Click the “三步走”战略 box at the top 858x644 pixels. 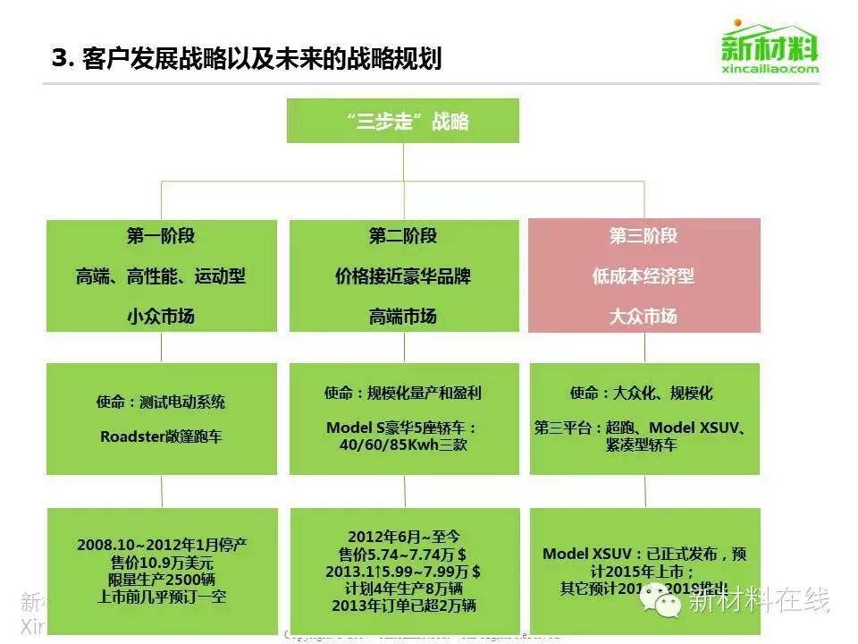(x=403, y=121)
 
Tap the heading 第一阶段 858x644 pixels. (x=161, y=236)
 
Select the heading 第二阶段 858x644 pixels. (x=403, y=236)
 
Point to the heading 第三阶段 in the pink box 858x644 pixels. (x=643, y=236)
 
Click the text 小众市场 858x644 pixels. (x=161, y=316)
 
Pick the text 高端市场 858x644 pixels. (x=403, y=316)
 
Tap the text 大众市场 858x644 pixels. (x=643, y=316)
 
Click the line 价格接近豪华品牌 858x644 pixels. (x=403, y=276)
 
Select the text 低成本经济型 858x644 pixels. (x=643, y=276)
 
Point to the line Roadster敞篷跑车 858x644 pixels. (x=161, y=436)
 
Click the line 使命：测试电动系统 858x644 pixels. (x=161, y=402)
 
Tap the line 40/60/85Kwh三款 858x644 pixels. (x=403, y=445)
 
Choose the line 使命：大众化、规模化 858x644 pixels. (x=642, y=393)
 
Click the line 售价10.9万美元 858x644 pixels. (x=162, y=563)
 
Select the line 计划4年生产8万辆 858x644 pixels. (x=403, y=589)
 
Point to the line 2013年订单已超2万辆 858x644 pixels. (x=403, y=606)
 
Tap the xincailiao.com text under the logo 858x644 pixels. (x=770, y=69)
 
